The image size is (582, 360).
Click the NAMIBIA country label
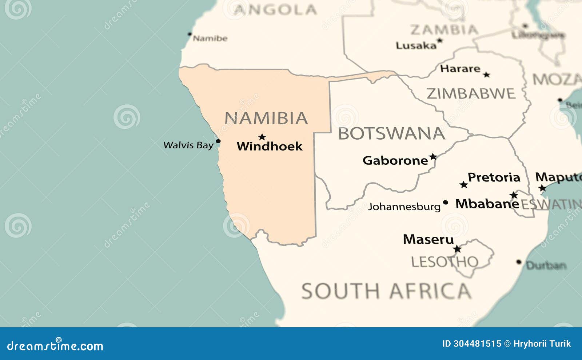click(x=266, y=118)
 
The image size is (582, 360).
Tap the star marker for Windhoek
click(x=262, y=137)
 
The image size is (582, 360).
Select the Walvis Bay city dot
click(x=218, y=141)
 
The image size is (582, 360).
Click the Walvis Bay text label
click(x=188, y=145)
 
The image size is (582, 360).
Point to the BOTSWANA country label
click(x=392, y=133)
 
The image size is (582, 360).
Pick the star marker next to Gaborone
click(x=433, y=157)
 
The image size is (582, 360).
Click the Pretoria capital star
click(x=463, y=185)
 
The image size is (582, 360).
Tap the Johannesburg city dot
click(x=445, y=203)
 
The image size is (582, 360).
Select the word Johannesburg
click(x=404, y=207)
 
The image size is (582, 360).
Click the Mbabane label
click(x=487, y=204)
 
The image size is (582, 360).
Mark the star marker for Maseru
click(x=457, y=249)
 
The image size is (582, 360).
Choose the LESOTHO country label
click(x=445, y=262)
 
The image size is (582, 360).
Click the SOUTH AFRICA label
click(x=386, y=291)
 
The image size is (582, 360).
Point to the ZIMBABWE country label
click(x=471, y=94)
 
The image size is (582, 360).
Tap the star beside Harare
click(x=486, y=75)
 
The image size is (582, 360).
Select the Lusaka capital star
click(x=440, y=40)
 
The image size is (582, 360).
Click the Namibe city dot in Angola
click(x=190, y=34)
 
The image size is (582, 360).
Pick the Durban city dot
click(x=519, y=262)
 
